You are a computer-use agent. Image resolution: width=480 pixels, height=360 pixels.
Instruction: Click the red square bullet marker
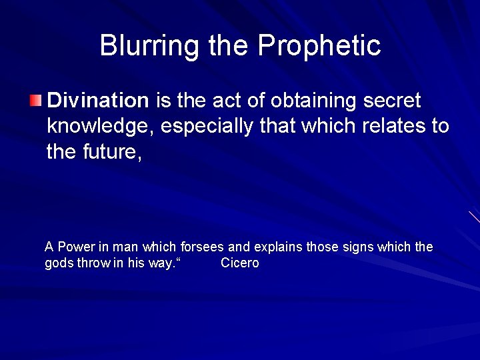(35, 101)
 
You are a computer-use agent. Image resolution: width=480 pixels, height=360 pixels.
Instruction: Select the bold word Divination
(98, 101)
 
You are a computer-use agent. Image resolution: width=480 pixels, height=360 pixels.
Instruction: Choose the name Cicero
(239, 263)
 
